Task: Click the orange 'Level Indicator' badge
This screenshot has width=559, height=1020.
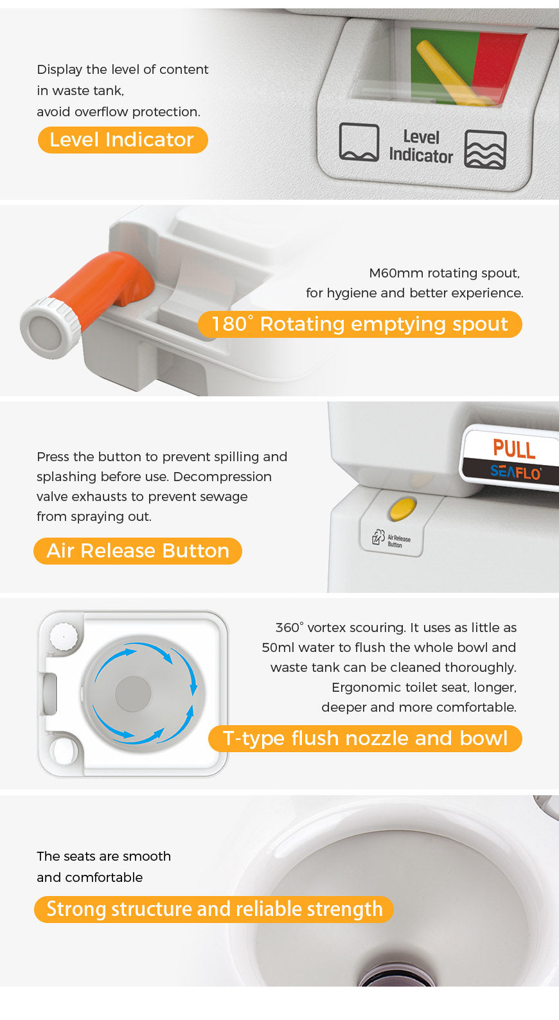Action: (x=122, y=140)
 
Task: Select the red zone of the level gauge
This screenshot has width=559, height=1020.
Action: (x=499, y=64)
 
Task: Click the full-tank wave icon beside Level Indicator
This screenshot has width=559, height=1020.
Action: (x=485, y=150)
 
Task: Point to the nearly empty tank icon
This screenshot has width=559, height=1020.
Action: (x=359, y=142)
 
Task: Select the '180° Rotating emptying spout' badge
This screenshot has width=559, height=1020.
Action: (x=360, y=324)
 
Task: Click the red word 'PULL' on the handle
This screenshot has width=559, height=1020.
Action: (x=514, y=448)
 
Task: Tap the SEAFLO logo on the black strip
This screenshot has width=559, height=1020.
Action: (x=515, y=472)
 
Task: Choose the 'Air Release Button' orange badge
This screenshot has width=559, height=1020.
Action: (x=138, y=551)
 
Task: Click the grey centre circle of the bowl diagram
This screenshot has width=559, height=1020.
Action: (x=133, y=693)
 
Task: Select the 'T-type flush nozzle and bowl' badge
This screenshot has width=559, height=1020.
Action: (x=365, y=739)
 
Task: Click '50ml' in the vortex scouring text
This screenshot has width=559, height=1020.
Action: (x=278, y=647)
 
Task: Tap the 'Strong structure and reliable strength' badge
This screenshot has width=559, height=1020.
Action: (x=214, y=910)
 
